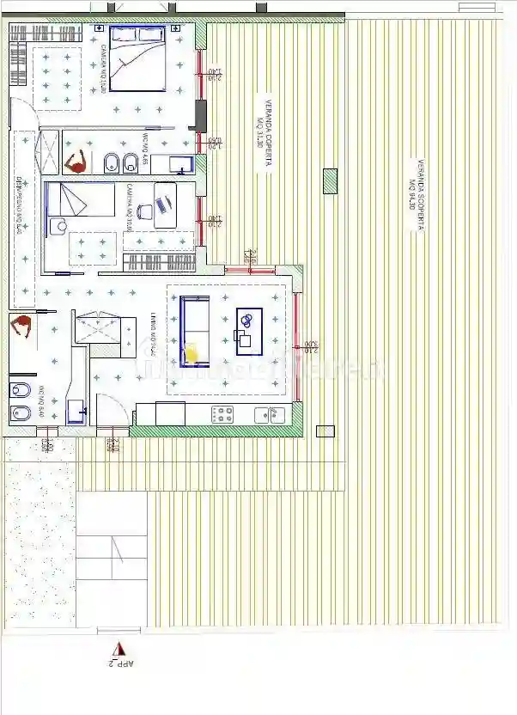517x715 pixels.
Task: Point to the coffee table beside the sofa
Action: click(x=249, y=327)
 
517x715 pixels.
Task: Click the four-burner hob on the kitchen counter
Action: click(x=223, y=414)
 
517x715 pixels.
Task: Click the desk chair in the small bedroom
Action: click(x=143, y=209)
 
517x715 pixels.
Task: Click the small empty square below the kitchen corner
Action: click(x=324, y=431)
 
